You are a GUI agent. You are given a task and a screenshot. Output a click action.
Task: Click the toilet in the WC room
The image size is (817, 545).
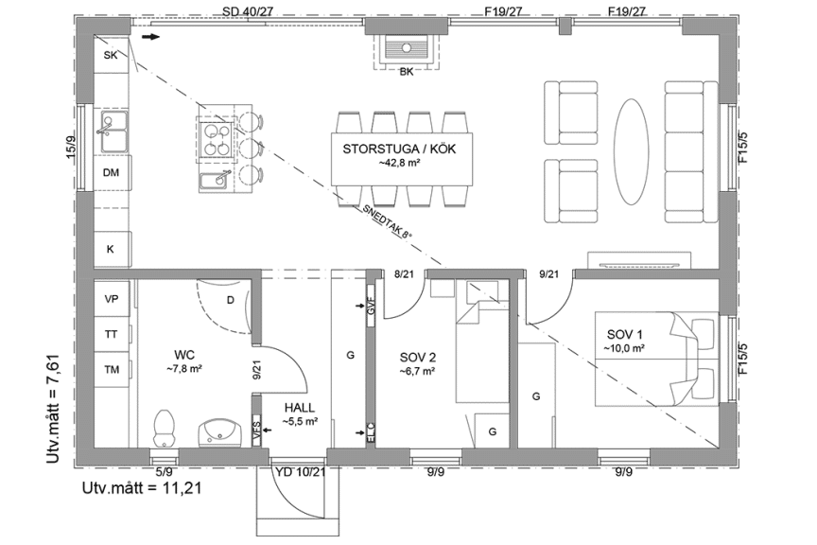[x=164, y=428]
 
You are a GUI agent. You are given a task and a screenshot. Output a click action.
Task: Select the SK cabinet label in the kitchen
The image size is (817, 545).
[x=111, y=55]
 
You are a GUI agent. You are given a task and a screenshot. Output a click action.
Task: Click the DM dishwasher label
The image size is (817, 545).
[x=111, y=172]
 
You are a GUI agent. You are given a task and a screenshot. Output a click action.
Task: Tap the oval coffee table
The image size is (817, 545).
[x=631, y=151]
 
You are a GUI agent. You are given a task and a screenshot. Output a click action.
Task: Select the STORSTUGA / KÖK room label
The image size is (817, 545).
[x=399, y=149]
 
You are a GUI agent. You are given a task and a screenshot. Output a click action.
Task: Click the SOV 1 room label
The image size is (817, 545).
[x=625, y=334]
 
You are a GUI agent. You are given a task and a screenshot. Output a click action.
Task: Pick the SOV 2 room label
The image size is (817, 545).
[x=418, y=358]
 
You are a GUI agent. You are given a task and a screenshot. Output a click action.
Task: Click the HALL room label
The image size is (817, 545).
[x=300, y=408]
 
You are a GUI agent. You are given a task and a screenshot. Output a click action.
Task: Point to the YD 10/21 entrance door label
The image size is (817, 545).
[x=301, y=472]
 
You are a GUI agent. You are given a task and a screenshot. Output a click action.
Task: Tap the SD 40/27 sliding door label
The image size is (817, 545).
[x=248, y=11]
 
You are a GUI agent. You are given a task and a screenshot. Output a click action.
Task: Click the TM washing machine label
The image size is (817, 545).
[x=112, y=370]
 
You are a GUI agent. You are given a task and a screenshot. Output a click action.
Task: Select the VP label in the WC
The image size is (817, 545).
[x=112, y=299]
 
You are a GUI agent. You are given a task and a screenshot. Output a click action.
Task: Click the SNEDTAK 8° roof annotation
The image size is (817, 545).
[x=387, y=220]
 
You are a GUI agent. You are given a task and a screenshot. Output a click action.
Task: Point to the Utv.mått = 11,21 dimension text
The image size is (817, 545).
[x=142, y=487]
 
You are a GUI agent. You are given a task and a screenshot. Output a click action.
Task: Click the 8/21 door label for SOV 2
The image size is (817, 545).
[x=404, y=273]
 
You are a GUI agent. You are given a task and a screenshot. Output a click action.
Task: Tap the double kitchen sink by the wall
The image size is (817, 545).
[x=114, y=132]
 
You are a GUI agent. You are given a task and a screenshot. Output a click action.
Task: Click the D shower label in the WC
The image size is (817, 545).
[x=231, y=300]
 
